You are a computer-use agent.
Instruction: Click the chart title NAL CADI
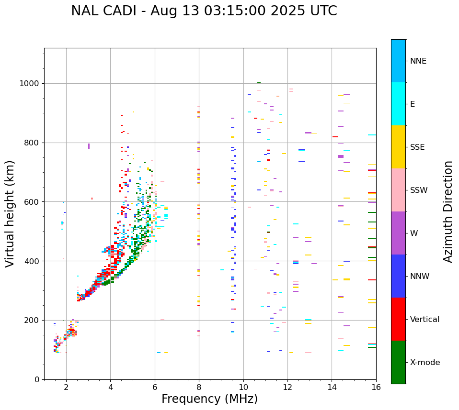pos(204,11)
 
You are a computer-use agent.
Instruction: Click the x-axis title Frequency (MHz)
pos(209,399)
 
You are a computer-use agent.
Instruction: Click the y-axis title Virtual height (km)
pos(10,213)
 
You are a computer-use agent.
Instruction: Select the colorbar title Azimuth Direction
pos(448,211)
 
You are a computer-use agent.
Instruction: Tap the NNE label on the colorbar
pos(418,61)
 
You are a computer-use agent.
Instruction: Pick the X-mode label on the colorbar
pos(425,363)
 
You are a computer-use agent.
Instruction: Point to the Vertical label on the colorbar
pos(425,320)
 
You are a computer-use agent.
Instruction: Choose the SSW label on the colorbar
pos(419,190)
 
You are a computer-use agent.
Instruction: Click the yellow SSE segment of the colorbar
pos(398,146)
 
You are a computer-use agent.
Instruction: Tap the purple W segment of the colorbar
pos(398,233)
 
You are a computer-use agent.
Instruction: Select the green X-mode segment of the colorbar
pos(398,362)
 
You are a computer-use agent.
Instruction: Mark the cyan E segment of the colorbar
pos(398,103)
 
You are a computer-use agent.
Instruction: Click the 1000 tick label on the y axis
pos(30,84)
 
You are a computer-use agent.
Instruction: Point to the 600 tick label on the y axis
pos(32,202)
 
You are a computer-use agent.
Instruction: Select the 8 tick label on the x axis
pos(199,387)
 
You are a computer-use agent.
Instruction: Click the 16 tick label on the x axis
pos(376,387)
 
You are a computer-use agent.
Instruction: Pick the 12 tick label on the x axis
pos(287,387)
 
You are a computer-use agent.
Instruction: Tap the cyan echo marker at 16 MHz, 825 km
pos(372,135)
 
